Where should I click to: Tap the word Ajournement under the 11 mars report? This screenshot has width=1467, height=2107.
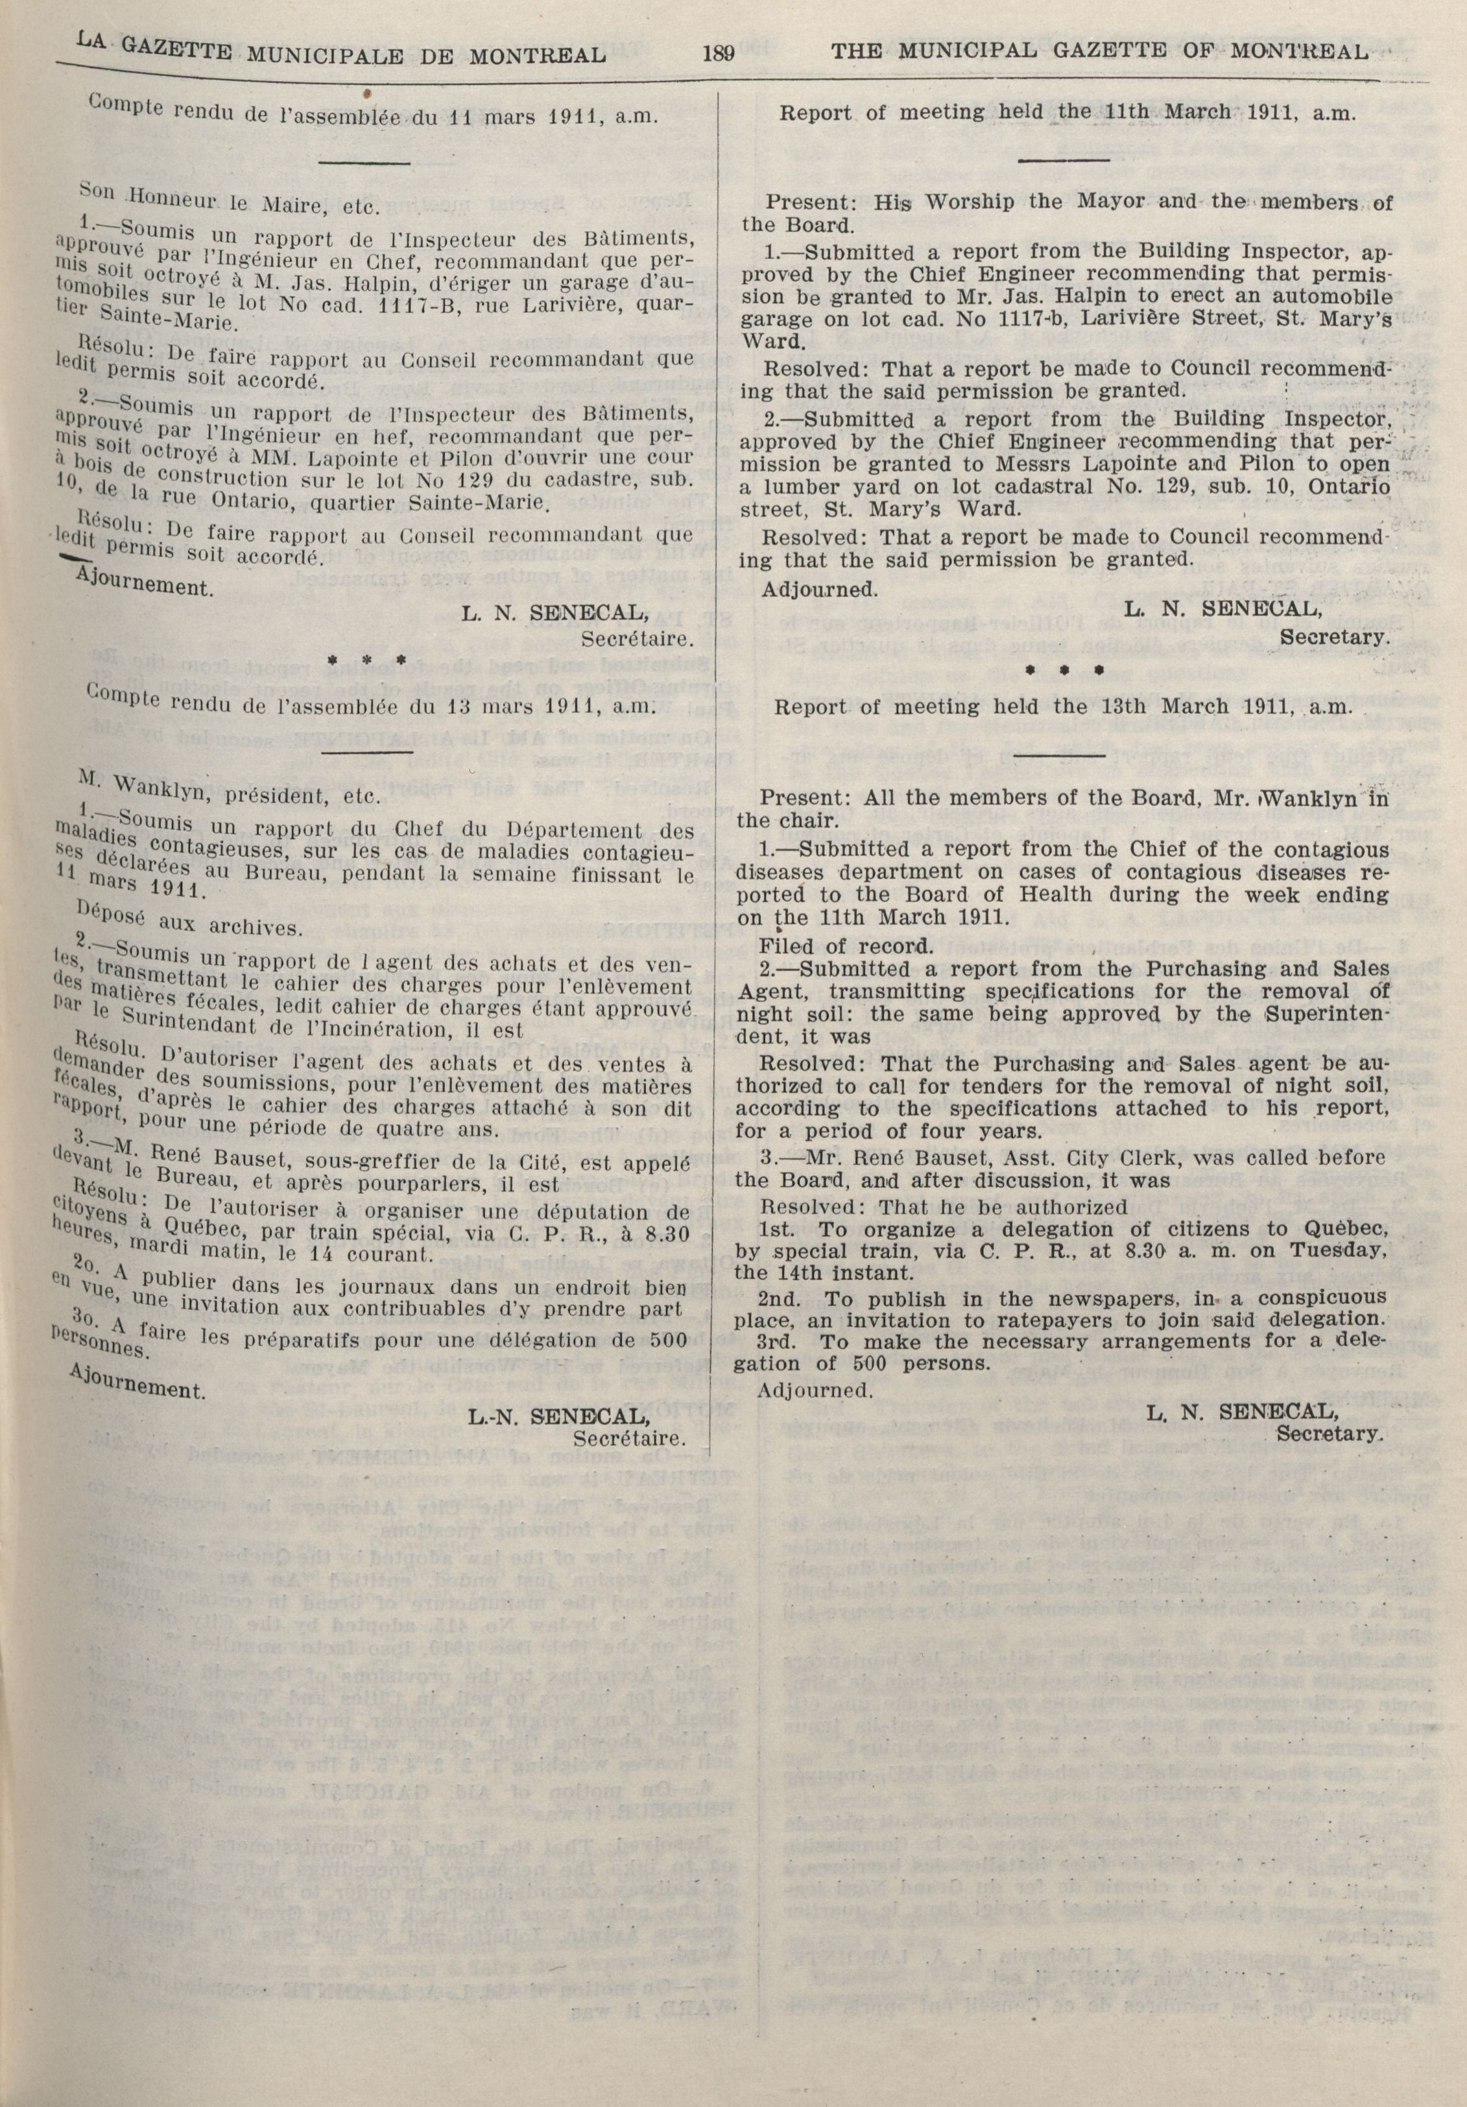tap(145, 585)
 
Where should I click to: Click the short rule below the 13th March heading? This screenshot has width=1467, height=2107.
tap(1062, 754)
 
